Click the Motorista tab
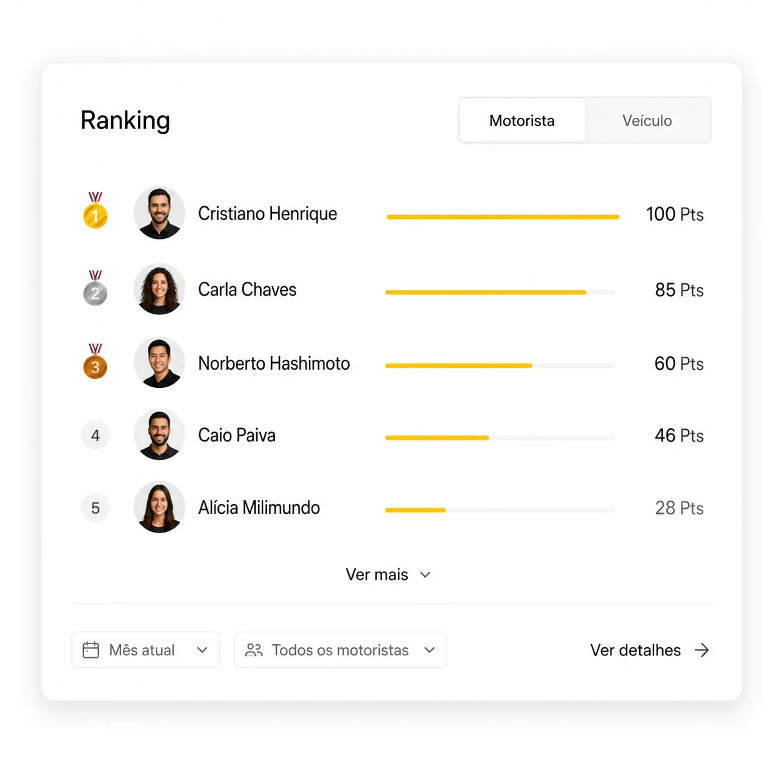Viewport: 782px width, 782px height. [x=521, y=120]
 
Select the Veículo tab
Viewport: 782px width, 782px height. [x=647, y=120]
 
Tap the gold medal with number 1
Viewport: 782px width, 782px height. [x=95, y=210]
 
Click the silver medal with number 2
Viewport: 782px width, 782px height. [x=95, y=287]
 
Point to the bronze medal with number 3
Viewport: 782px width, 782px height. [x=95, y=361]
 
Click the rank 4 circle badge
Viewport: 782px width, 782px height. [x=95, y=435]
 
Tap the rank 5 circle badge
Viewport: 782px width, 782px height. [x=95, y=508]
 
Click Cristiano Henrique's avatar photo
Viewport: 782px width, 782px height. [x=160, y=213]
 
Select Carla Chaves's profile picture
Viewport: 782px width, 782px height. [x=160, y=289]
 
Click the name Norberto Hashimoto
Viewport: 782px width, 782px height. [x=274, y=363]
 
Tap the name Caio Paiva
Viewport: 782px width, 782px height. [x=237, y=435]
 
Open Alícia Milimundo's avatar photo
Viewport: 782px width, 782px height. [x=160, y=507]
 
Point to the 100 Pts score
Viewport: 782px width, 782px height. [x=675, y=214]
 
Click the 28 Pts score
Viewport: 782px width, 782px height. [x=679, y=508]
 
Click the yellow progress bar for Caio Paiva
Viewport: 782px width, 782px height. [x=437, y=438]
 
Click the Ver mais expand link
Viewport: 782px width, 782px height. [x=387, y=574]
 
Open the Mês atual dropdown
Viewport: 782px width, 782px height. [x=145, y=650]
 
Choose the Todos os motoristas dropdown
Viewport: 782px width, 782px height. [x=340, y=650]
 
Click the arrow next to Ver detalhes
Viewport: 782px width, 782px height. [x=702, y=650]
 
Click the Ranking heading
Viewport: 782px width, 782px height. [x=125, y=120]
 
